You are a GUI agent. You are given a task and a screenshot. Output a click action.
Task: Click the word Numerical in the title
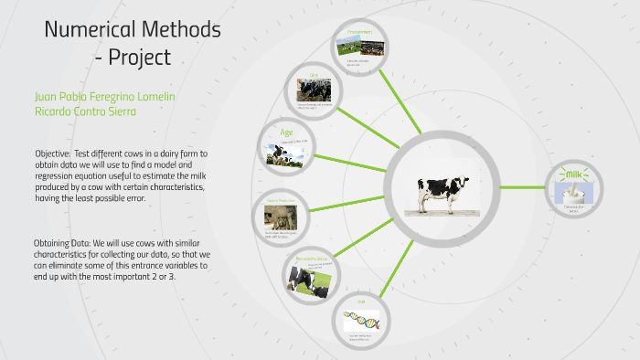(x=86, y=29)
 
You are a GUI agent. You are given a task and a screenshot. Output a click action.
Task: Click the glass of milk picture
(x=574, y=191)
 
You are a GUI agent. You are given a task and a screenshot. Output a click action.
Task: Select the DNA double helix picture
(x=361, y=321)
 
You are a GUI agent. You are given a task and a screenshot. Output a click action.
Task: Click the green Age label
(x=285, y=132)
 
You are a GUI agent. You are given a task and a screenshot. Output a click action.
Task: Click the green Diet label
(x=313, y=76)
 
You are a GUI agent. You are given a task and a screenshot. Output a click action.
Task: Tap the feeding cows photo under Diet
(x=313, y=89)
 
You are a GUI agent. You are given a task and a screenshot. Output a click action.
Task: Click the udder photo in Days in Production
(x=277, y=216)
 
